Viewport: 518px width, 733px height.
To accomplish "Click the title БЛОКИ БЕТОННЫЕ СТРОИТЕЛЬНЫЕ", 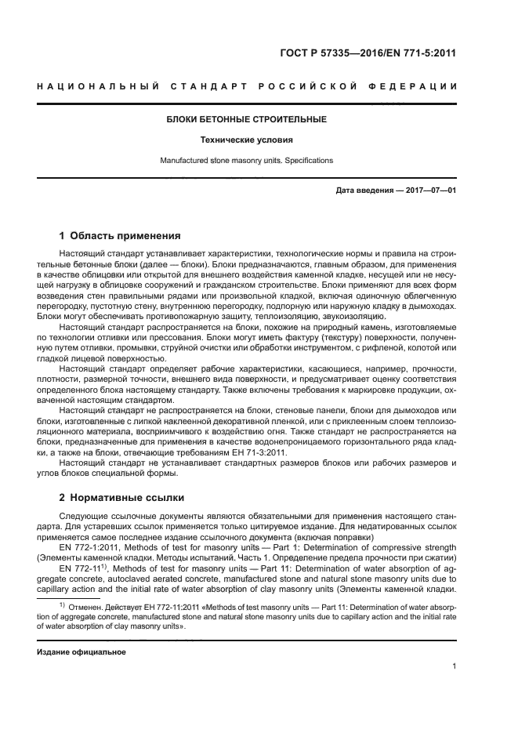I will [247, 119].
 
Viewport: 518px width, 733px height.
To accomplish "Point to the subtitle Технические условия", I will [246, 140].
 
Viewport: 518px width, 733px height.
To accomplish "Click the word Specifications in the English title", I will [306, 161].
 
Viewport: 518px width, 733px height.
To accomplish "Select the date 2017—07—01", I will [429, 191].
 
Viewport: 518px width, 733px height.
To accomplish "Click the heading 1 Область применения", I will [120, 235].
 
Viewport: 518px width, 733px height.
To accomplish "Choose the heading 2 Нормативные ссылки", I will [122, 497].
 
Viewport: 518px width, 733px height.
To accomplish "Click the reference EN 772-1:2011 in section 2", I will [88, 547].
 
